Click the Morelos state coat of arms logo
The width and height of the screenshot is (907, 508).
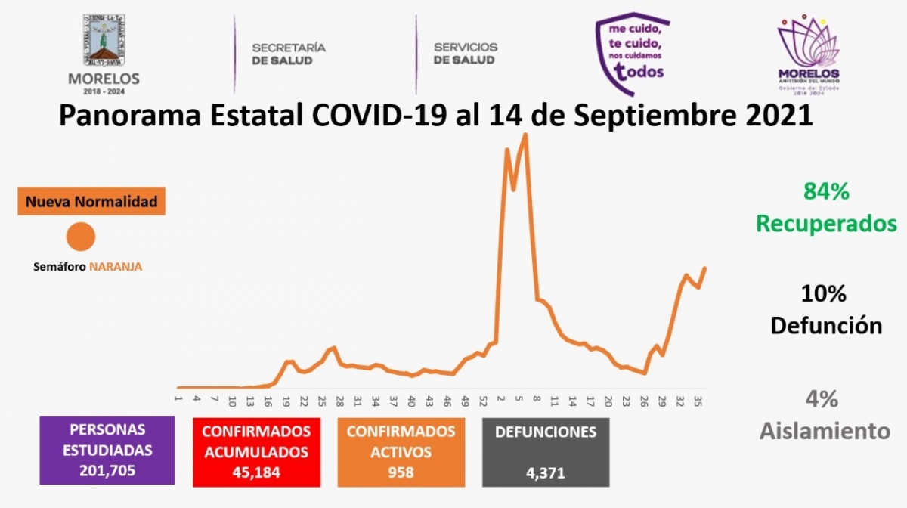(104, 44)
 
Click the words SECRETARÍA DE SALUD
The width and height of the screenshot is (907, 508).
(289, 54)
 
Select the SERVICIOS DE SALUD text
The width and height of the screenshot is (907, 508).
(466, 54)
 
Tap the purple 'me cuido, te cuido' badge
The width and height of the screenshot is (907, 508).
(632, 53)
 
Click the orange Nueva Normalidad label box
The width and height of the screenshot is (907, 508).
(91, 202)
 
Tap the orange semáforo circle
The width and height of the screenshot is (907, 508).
(80, 237)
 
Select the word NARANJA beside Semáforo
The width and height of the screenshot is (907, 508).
(116, 266)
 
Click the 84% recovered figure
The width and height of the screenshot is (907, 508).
(826, 192)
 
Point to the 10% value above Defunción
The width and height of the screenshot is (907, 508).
(825, 293)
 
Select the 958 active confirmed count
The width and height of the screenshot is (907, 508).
(401, 472)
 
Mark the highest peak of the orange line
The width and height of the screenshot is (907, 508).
(525, 135)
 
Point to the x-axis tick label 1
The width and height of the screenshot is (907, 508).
(178, 400)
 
